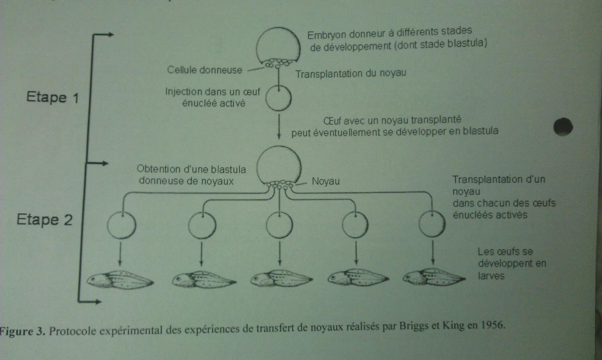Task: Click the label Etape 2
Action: point(45,220)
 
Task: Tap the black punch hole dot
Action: point(563,127)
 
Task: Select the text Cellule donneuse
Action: point(205,70)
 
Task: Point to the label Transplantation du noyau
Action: point(350,73)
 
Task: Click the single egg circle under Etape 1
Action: point(278,98)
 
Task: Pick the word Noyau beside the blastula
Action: point(326,181)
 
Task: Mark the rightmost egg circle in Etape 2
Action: point(432,224)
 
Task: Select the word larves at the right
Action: point(491,276)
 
